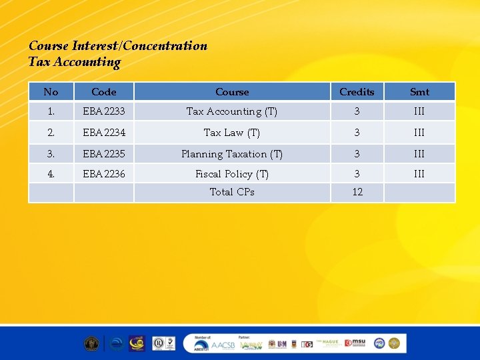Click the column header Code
pos(103,92)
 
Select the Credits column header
pos(357,92)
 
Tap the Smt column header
pos(419,92)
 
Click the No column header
pos(51,92)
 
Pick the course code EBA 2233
pos(104,111)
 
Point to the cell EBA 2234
pos(104,133)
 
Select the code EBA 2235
pos(104,154)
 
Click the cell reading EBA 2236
pos(104,174)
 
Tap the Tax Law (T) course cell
pos(232,133)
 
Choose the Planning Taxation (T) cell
pos(232,154)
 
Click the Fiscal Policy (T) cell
pos(232,174)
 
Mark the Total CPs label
pos(232,192)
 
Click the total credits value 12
pos(357,192)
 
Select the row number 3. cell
pos(51,154)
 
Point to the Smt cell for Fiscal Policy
pos(419,174)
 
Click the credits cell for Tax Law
pos(357,133)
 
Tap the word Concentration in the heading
pos(165,46)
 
